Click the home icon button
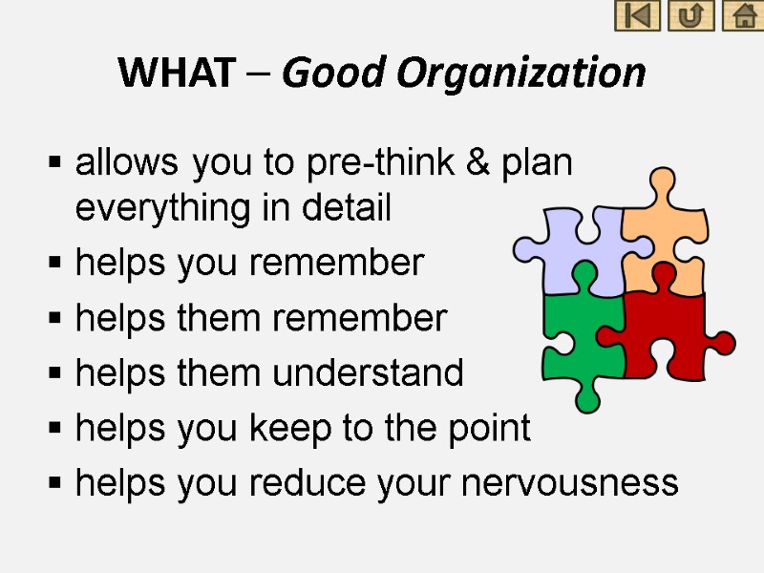click(x=742, y=16)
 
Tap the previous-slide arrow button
click(x=637, y=16)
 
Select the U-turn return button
click(x=690, y=16)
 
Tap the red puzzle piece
click(x=668, y=329)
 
